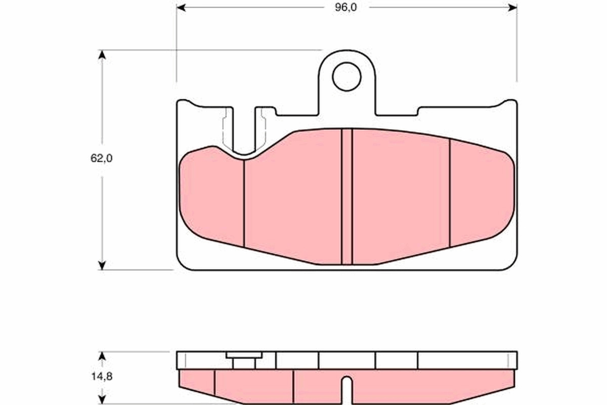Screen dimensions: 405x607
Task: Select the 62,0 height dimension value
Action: pos(101,158)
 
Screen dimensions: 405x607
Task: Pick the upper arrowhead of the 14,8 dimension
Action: pos(102,356)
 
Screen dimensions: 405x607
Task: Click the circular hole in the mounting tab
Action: pos(346,76)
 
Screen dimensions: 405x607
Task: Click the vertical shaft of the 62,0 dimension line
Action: pos(102,213)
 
